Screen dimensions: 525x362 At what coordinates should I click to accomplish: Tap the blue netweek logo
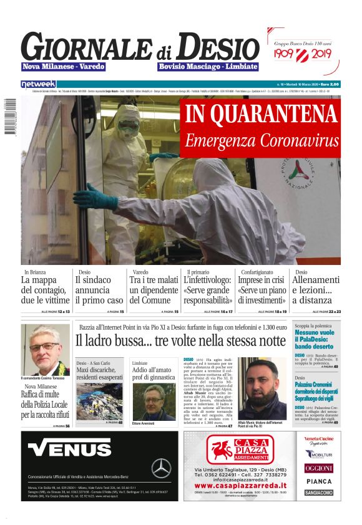(39, 84)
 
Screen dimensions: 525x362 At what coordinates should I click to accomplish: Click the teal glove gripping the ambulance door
(94, 195)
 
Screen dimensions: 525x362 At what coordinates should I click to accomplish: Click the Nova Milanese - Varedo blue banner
(63, 67)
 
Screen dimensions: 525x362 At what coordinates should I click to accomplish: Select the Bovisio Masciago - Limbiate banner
(208, 67)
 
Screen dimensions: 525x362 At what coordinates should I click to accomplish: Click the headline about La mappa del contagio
(45, 291)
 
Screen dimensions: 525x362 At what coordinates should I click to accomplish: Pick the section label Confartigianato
(257, 272)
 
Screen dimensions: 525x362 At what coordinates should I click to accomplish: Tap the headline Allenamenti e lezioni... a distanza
(317, 291)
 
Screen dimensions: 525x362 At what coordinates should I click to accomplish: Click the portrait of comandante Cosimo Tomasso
(45, 349)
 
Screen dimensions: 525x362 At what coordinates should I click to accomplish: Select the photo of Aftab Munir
(262, 388)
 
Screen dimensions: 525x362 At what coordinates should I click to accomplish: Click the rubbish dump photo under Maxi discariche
(99, 400)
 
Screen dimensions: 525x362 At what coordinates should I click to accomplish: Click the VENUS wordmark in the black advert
(69, 449)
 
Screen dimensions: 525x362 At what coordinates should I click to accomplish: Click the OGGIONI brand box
(318, 468)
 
